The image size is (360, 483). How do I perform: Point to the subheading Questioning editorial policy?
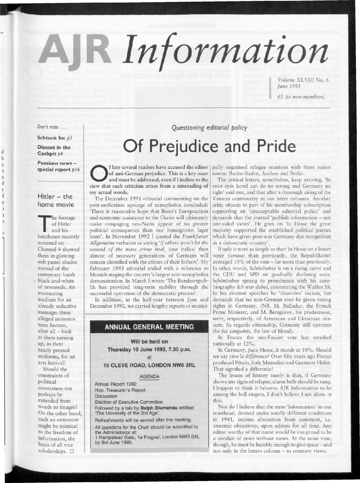point(209,127)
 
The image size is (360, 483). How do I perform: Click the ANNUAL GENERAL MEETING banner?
point(149,327)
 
